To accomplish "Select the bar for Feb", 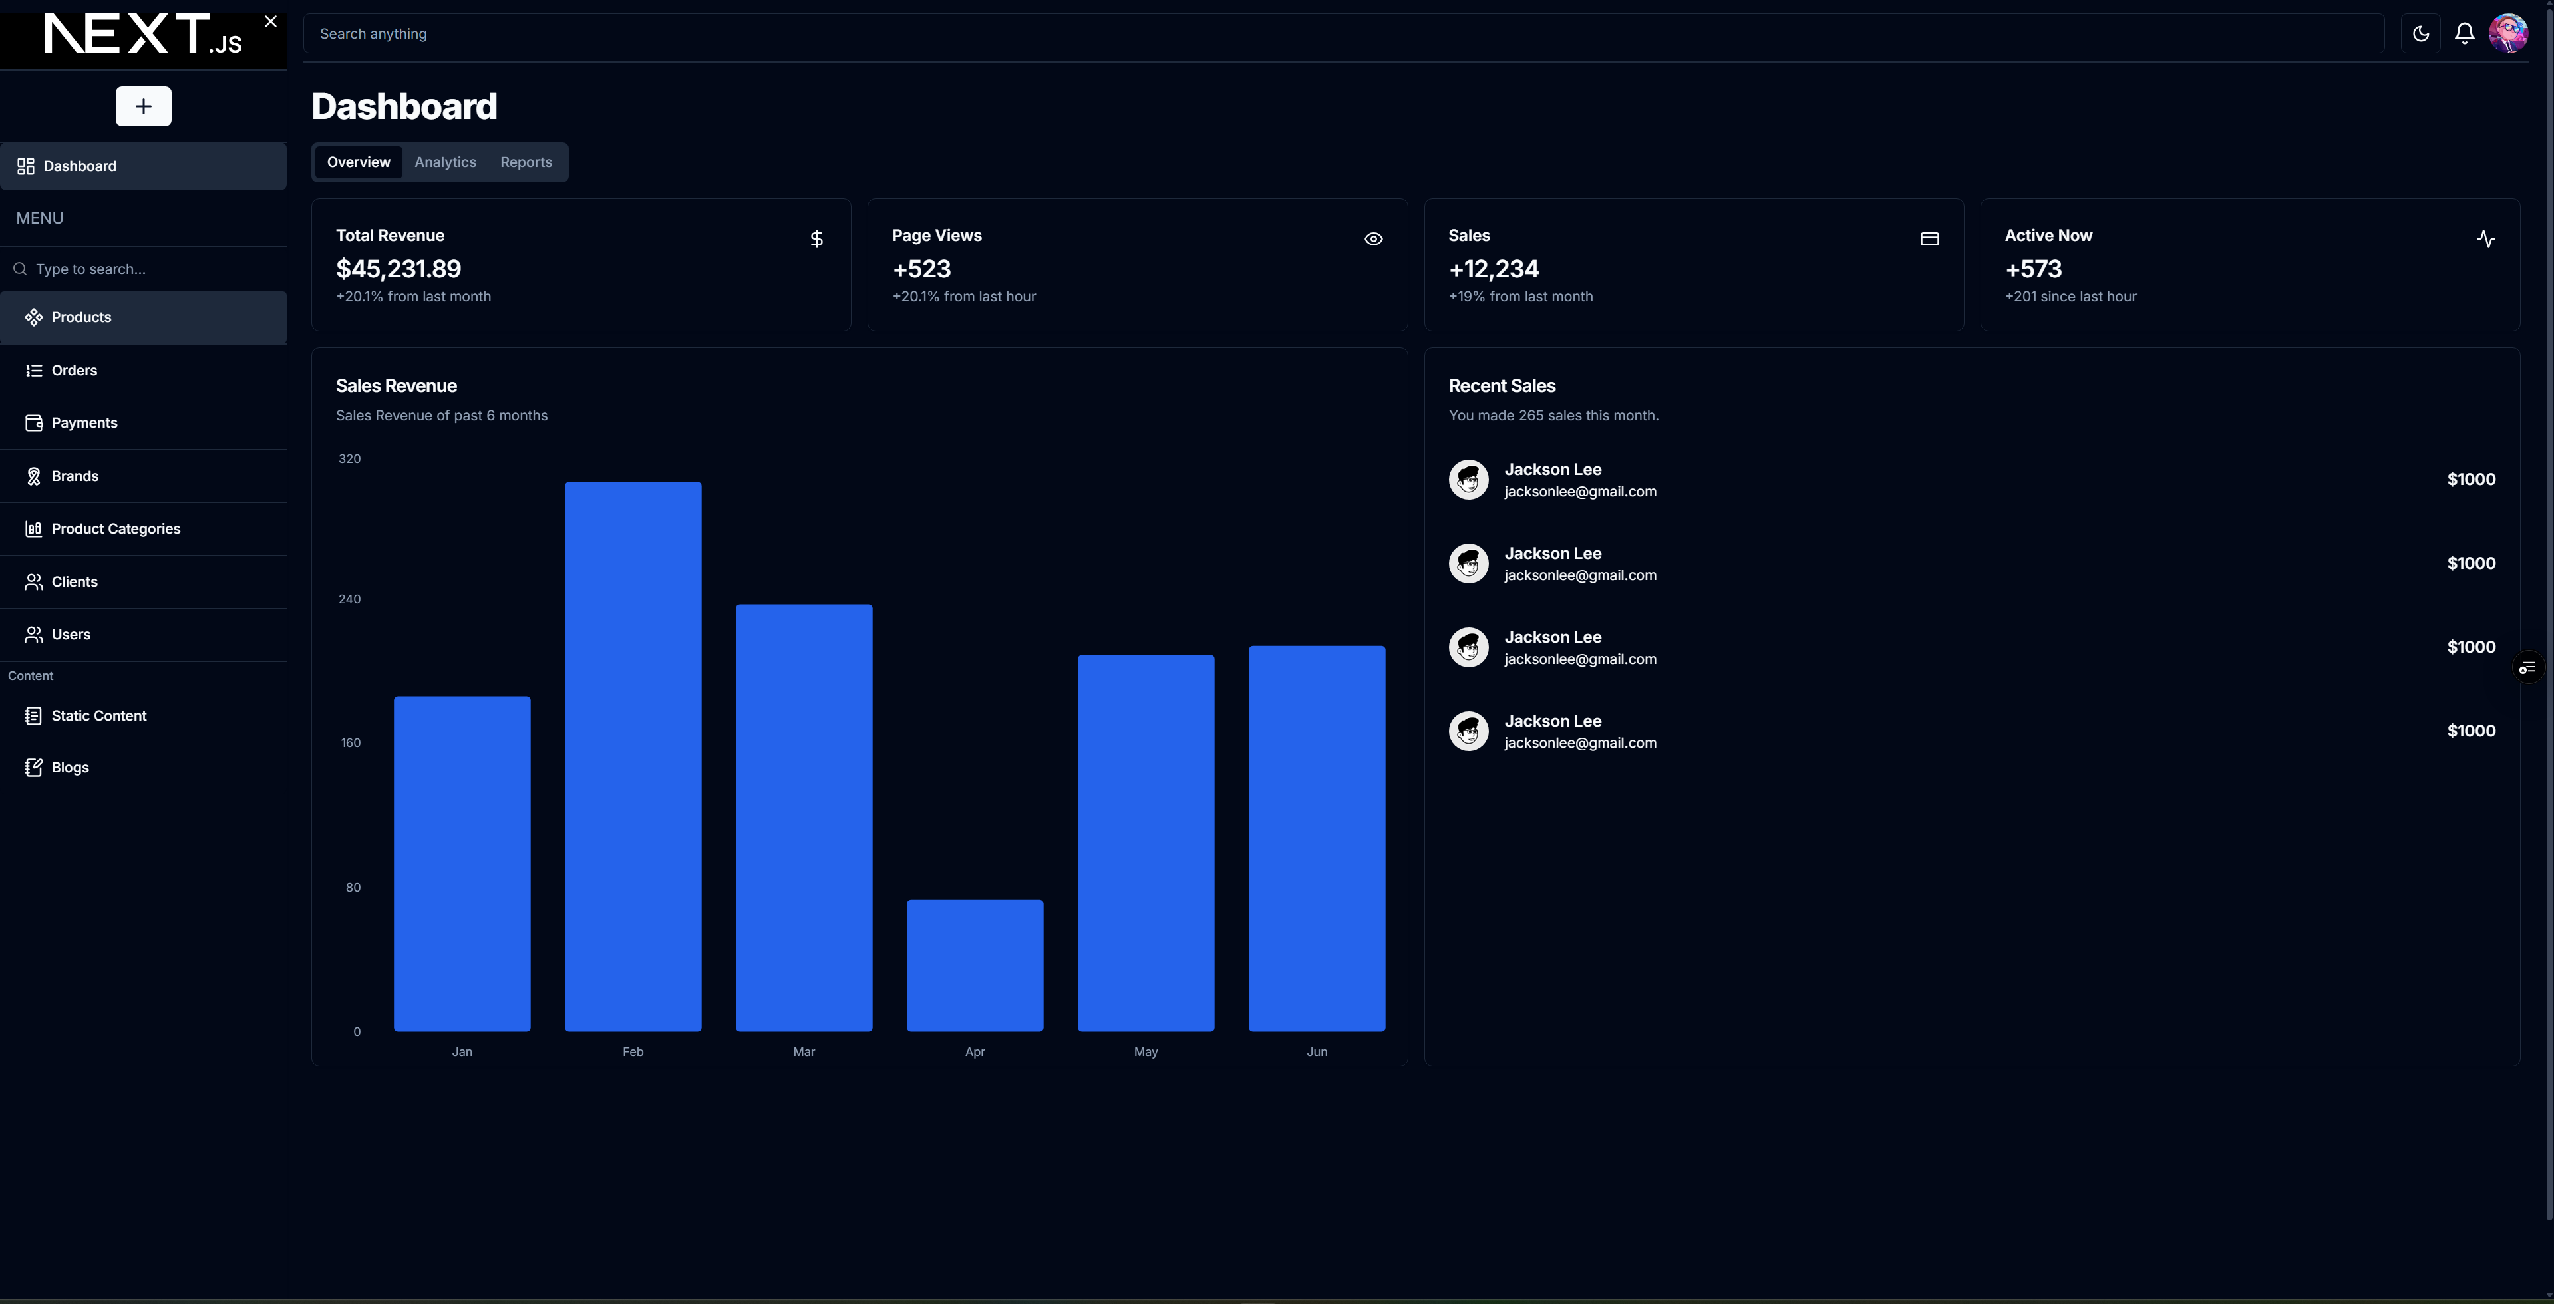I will click(633, 756).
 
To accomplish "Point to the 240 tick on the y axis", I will click(350, 599).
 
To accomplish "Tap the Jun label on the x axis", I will click(1317, 1051).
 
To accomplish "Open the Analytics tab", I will click(445, 162).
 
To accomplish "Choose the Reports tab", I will click(526, 162).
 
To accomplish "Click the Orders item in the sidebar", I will click(75, 370).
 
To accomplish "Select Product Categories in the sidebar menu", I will click(115, 528).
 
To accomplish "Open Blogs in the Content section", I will click(69, 768).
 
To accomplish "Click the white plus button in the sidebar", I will click(144, 106).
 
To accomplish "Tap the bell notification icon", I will click(2464, 34).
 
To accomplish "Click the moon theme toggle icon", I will click(2420, 34).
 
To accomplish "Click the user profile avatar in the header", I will click(2507, 34).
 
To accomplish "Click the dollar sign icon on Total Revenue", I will click(816, 239).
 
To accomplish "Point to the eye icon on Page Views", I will click(1373, 239).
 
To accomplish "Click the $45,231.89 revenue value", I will click(399, 269).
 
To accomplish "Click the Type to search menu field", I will click(149, 269).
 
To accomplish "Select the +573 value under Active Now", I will click(2032, 269).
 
